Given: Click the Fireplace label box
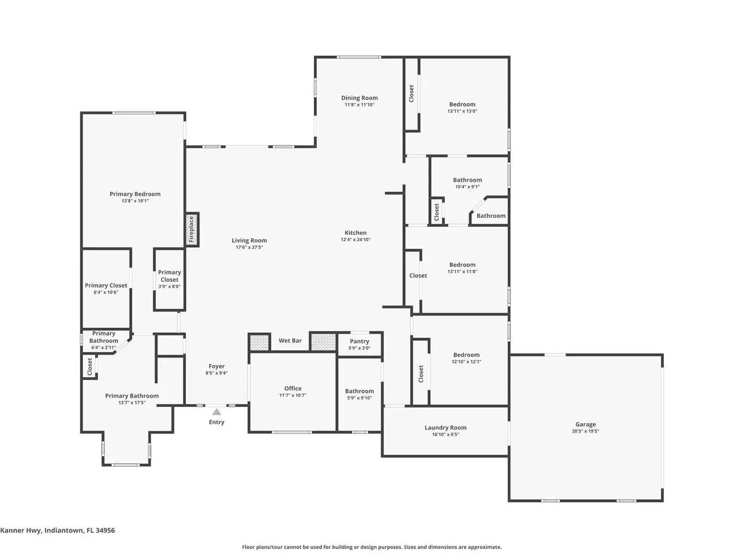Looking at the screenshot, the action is pyautogui.click(x=191, y=229).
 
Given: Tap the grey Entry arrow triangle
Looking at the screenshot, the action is pyautogui.click(x=216, y=412).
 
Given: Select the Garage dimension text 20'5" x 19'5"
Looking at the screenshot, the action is pyautogui.click(x=585, y=431).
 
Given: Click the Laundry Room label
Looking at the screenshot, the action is pyautogui.click(x=445, y=427).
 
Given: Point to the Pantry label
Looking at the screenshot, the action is pyautogui.click(x=359, y=341).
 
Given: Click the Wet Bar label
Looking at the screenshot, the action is pyautogui.click(x=290, y=341).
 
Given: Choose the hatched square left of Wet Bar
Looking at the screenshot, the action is pyautogui.click(x=259, y=342).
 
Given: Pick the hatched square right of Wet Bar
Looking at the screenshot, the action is pyautogui.click(x=323, y=342).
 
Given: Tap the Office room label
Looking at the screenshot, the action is pyautogui.click(x=292, y=388).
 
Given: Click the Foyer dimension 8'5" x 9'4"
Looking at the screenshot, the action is pyautogui.click(x=216, y=373).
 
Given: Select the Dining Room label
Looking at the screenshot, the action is pyautogui.click(x=359, y=98).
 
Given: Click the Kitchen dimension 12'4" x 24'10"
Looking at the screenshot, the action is pyautogui.click(x=355, y=239).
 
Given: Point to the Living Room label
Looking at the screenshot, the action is pyautogui.click(x=249, y=240).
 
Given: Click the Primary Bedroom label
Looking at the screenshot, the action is pyautogui.click(x=135, y=194).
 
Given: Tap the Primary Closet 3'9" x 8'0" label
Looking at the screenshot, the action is pyautogui.click(x=169, y=279).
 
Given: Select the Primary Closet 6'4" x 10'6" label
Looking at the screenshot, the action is pyautogui.click(x=106, y=288).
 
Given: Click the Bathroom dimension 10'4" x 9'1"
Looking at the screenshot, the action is pyautogui.click(x=467, y=187).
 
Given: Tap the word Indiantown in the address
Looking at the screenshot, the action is pyautogui.click(x=64, y=530).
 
